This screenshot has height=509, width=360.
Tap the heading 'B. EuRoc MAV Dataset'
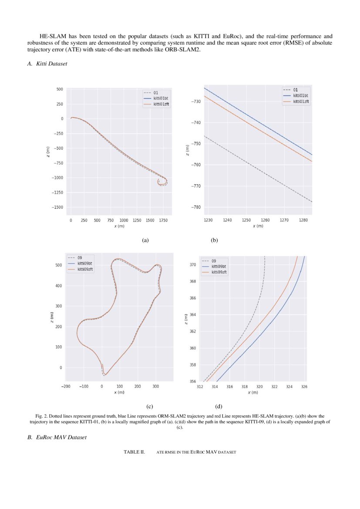(x=57, y=437)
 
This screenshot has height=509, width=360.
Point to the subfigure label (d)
(x=219, y=407)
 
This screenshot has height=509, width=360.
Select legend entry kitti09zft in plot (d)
(x=219, y=272)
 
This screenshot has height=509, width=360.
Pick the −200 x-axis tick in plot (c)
(x=66, y=386)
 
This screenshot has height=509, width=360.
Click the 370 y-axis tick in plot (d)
(x=193, y=265)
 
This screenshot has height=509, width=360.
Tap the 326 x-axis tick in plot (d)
(x=303, y=386)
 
